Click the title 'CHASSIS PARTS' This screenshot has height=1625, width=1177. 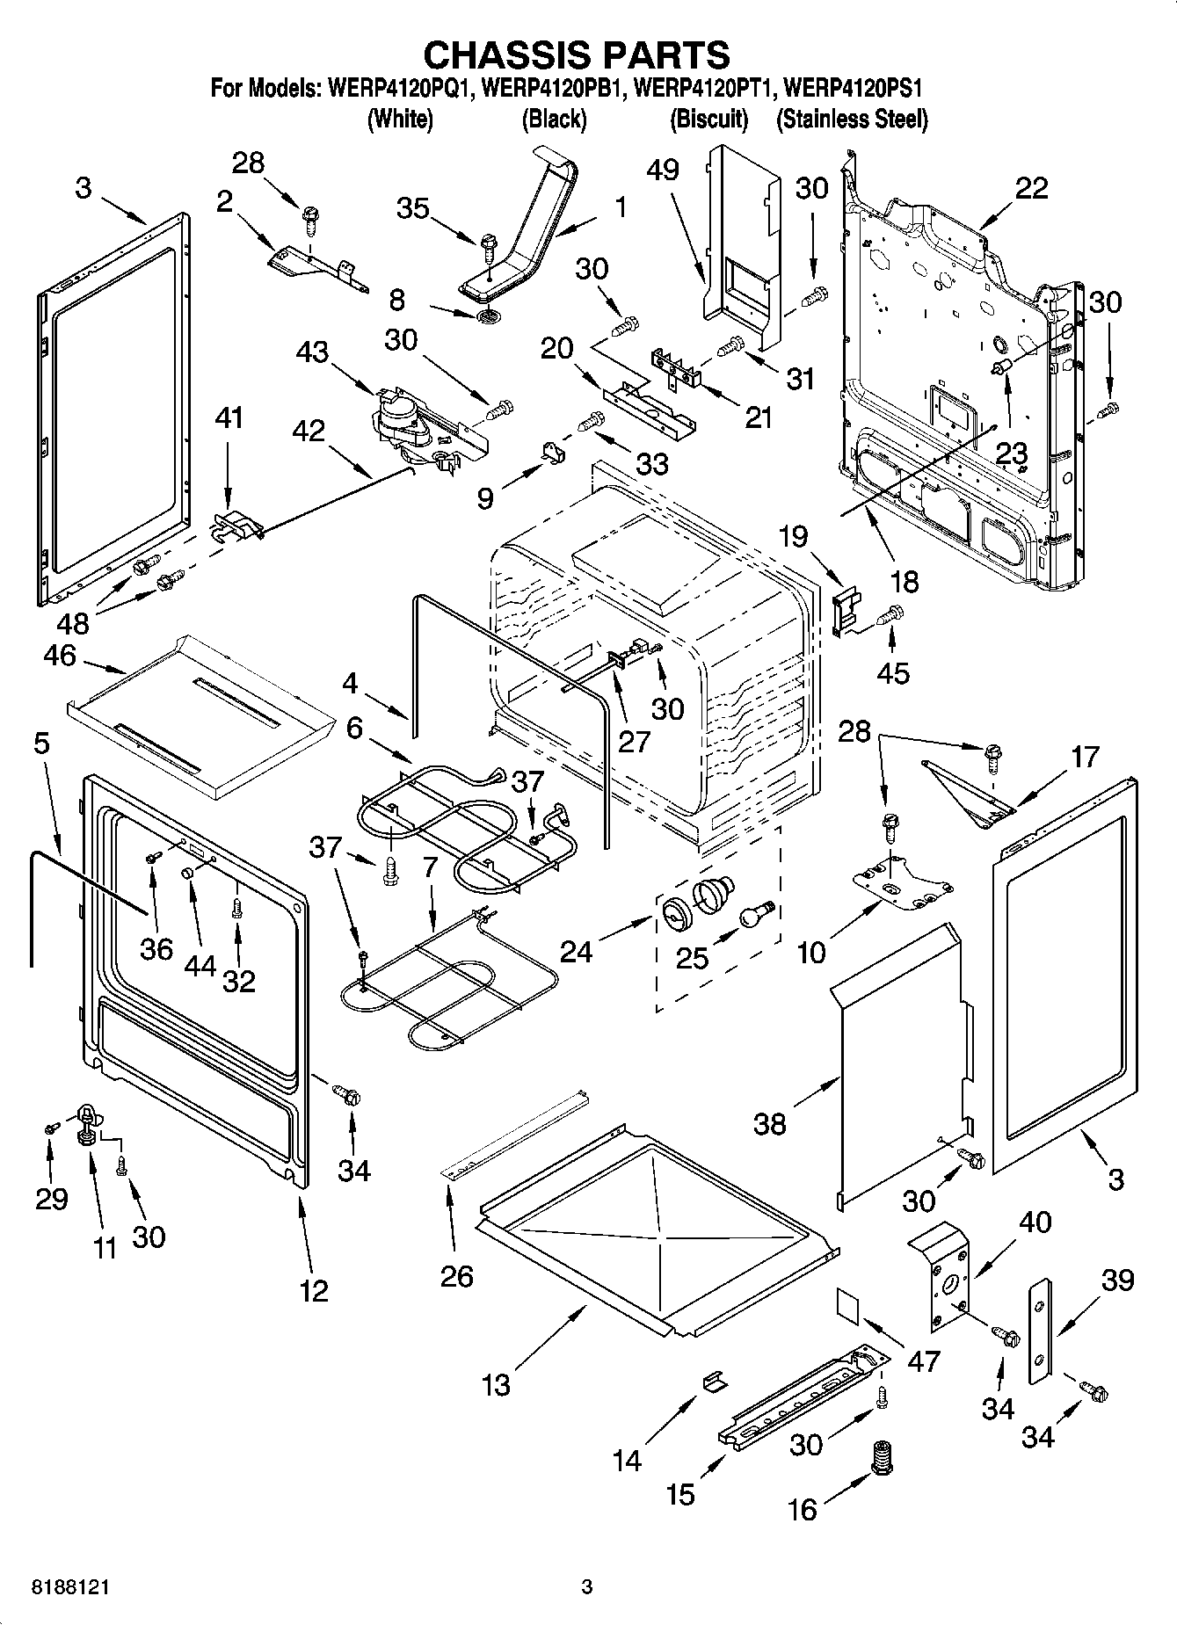pyautogui.click(x=577, y=54)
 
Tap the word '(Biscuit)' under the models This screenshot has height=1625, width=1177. pyautogui.click(x=708, y=119)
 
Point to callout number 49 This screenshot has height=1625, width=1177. pyautogui.click(x=663, y=169)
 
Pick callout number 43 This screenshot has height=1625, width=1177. pyautogui.click(x=312, y=352)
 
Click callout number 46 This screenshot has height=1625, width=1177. pyautogui.click(x=59, y=656)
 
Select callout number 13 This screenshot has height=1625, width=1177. pyautogui.click(x=496, y=1384)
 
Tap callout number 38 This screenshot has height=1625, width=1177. pyautogui.click(x=770, y=1123)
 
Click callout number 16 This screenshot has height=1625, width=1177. pyautogui.click(x=802, y=1509)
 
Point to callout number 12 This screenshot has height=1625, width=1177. pyautogui.click(x=314, y=1290)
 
